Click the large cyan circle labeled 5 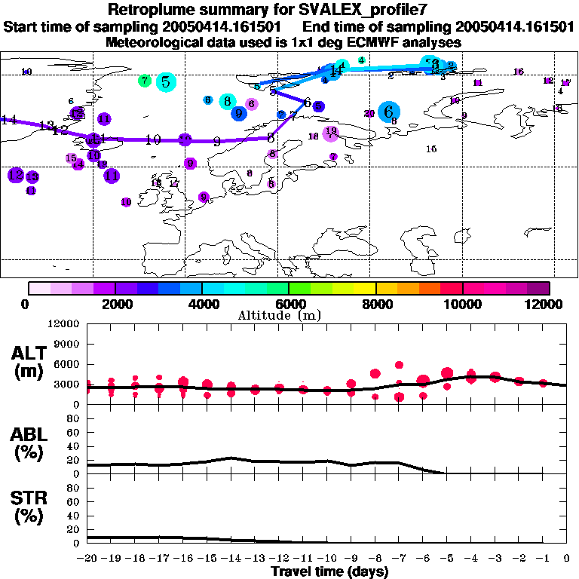pos(166,82)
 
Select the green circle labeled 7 pos(144,80)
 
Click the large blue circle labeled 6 pos(389,112)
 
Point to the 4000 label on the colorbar pos(202,304)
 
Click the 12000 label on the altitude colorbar pos(547,304)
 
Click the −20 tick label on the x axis pos(87,559)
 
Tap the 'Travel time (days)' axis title pos(329,572)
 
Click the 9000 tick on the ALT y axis pos(66,343)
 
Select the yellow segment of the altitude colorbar pos(365,288)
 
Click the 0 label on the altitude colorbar pos(26,304)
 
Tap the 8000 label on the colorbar pos(375,304)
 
